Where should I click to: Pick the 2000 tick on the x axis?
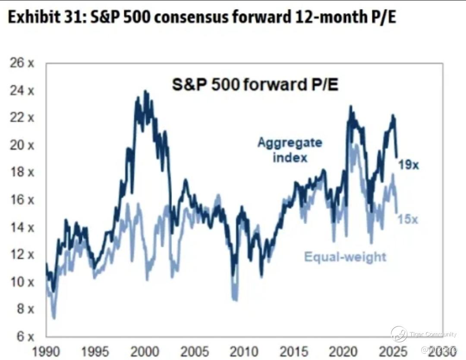(144, 351)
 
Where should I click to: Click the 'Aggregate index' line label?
(290, 150)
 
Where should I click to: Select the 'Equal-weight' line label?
(345, 257)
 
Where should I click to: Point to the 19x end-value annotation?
(408, 165)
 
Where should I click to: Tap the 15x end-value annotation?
(408, 219)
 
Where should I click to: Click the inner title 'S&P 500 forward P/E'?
(255, 85)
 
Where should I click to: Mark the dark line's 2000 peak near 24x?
(145, 91)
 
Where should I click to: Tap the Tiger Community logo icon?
(399, 334)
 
